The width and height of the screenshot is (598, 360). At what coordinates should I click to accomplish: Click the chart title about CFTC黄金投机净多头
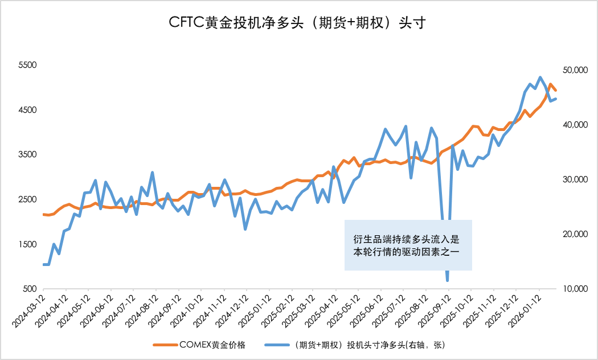[x=298, y=23]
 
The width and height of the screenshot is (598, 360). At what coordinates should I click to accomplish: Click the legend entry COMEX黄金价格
[x=212, y=345]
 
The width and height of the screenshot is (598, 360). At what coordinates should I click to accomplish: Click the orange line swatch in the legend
[x=165, y=345]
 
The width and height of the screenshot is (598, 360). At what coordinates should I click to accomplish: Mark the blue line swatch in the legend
[x=276, y=345]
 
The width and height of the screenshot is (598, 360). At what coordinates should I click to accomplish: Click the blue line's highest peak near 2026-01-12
[x=540, y=77]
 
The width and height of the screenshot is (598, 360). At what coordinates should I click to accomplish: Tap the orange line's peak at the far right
[x=551, y=84]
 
